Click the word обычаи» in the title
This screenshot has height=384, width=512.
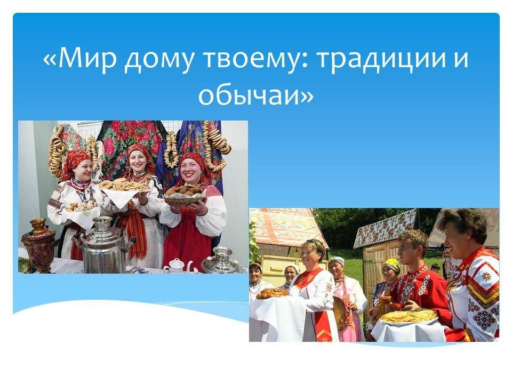point(255,95)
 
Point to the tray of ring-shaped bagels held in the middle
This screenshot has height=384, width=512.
point(124,186)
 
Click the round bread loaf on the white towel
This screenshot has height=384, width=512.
point(272,293)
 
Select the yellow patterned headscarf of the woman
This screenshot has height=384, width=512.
point(392,265)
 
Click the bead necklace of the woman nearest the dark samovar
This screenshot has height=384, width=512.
point(81,186)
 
